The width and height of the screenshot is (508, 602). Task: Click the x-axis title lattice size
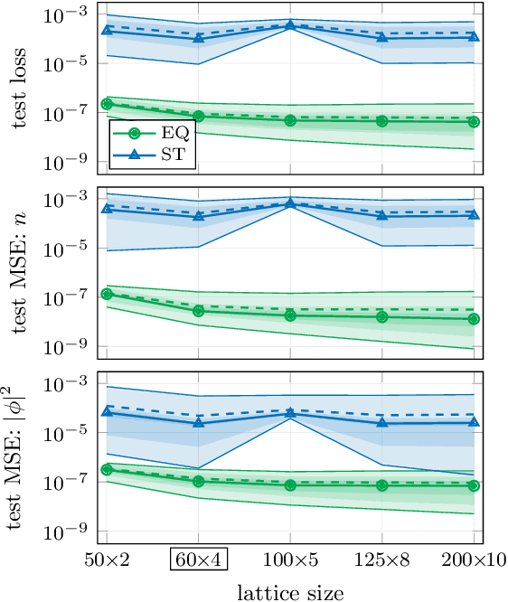pos(289,592)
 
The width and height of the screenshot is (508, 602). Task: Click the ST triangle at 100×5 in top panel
pos(290,25)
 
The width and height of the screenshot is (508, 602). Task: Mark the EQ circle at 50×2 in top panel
pos(108,104)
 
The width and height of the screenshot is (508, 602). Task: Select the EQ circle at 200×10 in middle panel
pos(474,319)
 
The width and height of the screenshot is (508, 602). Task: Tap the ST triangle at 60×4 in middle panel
pos(199,216)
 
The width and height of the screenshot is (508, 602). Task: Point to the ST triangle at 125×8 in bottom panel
pos(381,422)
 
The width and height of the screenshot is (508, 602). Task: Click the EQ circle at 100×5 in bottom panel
pos(290,485)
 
